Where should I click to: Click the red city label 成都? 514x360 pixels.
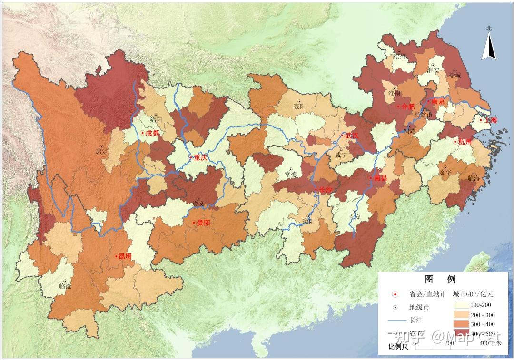(153, 134)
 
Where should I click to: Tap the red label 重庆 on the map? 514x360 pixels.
(200, 157)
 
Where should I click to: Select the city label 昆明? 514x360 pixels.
(125, 256)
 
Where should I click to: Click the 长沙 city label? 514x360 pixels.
(326, 190)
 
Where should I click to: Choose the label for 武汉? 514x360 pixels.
(351, 136)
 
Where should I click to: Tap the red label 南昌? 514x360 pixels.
(380, 178)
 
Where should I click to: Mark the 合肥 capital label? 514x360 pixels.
(408, 107)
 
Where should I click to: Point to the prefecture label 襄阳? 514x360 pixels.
(299, 107)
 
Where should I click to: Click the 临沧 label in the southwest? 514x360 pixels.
(65, 286)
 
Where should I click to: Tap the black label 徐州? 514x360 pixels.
(400, 57)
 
